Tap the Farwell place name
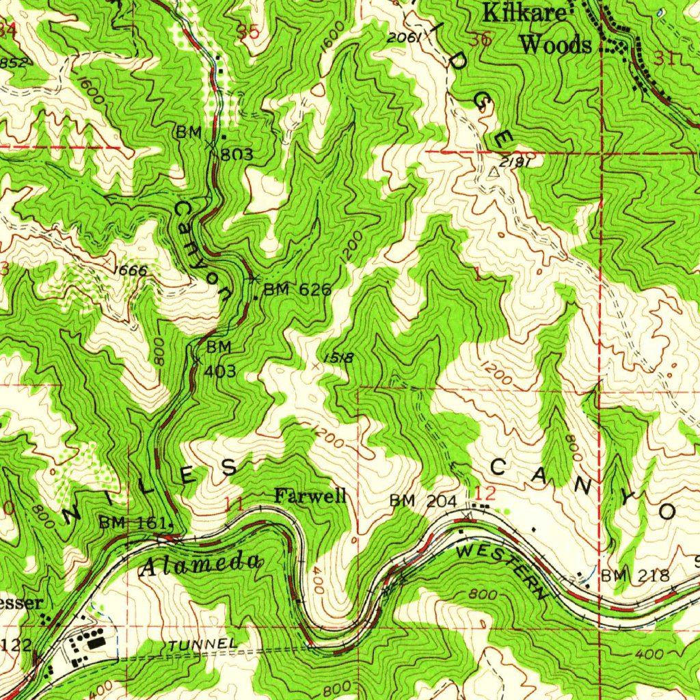310,496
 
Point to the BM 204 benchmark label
422,502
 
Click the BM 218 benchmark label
634,576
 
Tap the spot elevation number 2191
514,163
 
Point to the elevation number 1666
130,271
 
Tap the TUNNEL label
203,645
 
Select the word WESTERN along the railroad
502,569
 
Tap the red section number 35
250,31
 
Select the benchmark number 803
237,154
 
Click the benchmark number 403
221,371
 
